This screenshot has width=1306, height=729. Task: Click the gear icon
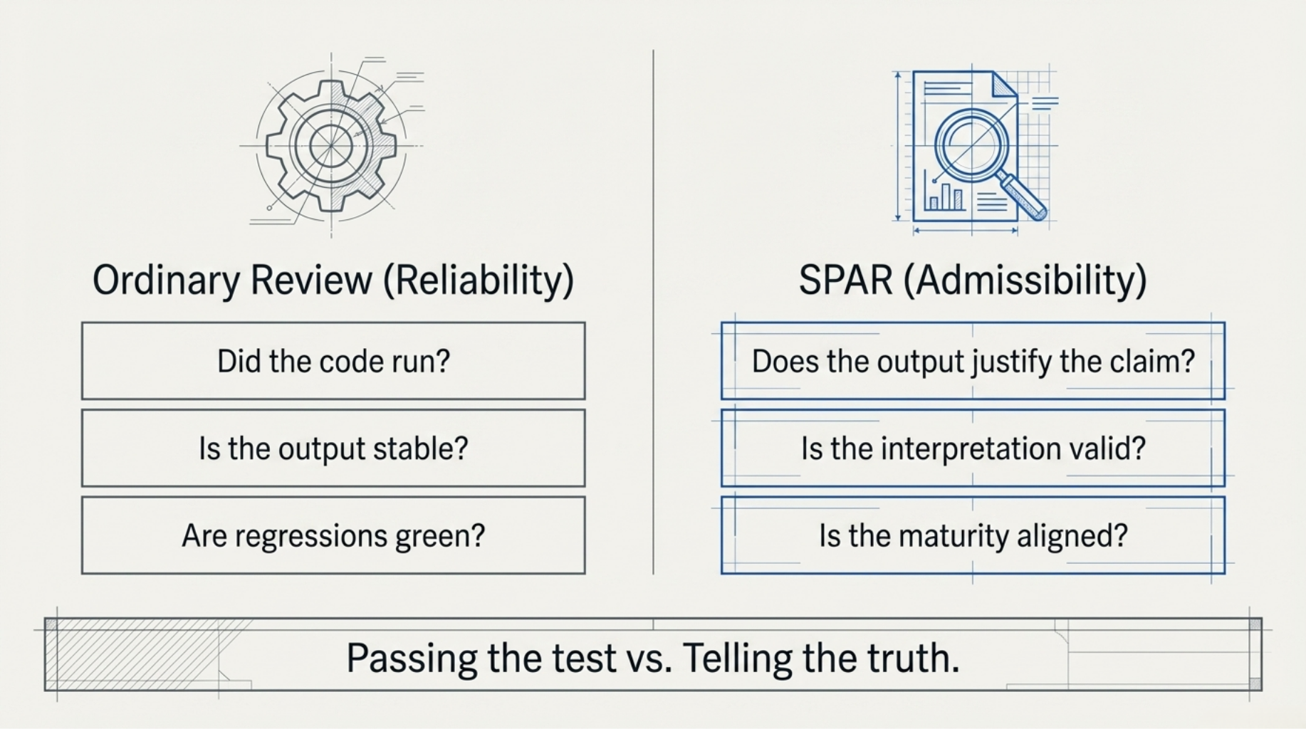pyautogui.click(x=332, y=146)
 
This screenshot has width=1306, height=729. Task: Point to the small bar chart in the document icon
pyautogui.click(x=944, y=195)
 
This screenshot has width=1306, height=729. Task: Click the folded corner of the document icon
pyautogui.click(x=1004, y=83)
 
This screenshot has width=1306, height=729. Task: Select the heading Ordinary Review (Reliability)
pyautogui.click(x=333, y=280)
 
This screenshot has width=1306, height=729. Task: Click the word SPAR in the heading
pyautogui.click(x=845, y=280)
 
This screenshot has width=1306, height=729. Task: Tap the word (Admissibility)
pyautogui.click(x=1025, y=280)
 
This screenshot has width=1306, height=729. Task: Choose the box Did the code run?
pyautogui.click(x=333, y=361)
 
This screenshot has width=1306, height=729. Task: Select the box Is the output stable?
pyautogui.click(x=333, y=449)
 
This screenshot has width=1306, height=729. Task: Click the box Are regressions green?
pyautogui.click(x=333, y=535)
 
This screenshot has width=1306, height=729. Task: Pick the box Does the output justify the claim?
pyautogui.click(x=973, y=361)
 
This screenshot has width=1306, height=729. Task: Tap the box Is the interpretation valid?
pyautogui.click(x=973, y=449)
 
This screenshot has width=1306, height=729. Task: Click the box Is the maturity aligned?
pyautogui.click(x=973, y=535)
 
